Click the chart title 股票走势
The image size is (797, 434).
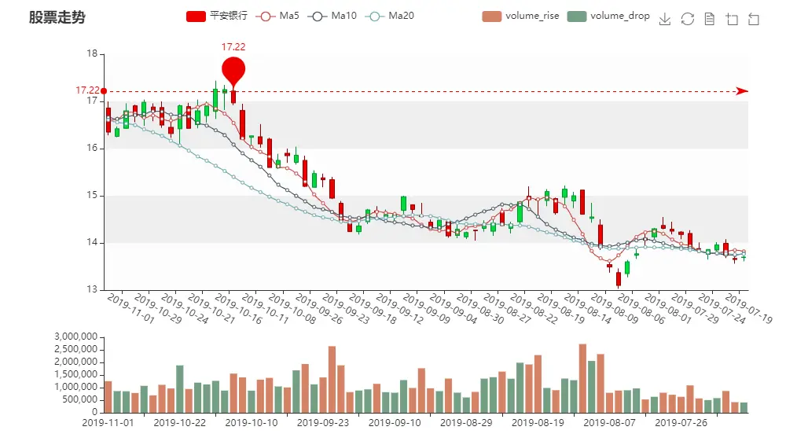click(57, 17)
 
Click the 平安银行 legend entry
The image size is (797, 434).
click(216, 16)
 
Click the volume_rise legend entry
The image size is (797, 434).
click(520, 16)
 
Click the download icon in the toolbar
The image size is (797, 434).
click(665, 20)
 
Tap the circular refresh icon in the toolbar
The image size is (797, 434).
click(688, 20)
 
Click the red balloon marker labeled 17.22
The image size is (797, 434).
click(233, 70)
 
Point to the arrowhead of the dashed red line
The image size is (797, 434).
click(742, 91)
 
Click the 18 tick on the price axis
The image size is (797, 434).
click(92, 54)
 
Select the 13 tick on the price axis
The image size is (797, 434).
click(92, 290)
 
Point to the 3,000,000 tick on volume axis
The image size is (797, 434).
click(76, 337)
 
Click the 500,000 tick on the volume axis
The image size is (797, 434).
click(81, 399)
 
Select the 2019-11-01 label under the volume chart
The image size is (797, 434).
click(108, 423)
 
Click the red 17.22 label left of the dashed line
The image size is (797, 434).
click(87, 90)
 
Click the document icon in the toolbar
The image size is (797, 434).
click(710, 20)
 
